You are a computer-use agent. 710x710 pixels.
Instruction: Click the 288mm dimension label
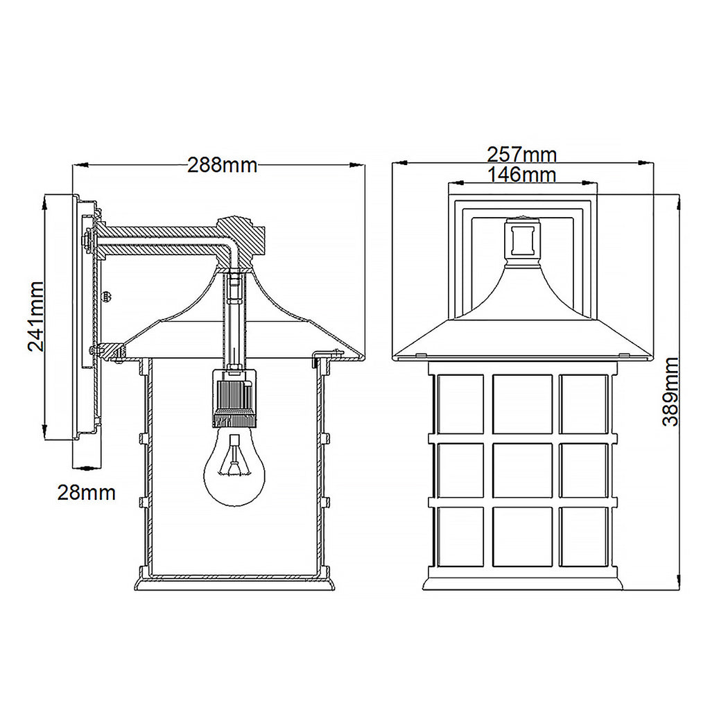(222, 165)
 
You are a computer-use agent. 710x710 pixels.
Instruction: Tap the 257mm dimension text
(521, 155)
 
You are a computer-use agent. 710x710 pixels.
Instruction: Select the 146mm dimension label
(521, 174)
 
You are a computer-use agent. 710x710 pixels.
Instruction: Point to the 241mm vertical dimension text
(36, 316)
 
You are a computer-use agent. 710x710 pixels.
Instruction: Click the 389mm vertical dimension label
(670, 391)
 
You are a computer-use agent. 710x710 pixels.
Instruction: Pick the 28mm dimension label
(87, 493)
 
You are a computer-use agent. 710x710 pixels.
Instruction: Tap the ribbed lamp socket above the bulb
(234, 399)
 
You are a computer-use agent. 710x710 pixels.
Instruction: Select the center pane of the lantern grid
(522, 470)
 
